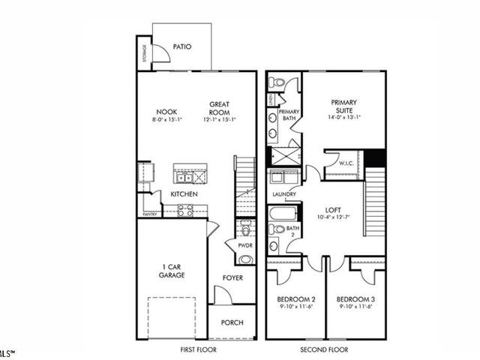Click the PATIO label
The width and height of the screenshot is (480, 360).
(x=181, y=46)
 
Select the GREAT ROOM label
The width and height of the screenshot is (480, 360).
(x=219, y=108)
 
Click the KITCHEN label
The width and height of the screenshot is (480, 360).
(x=184, y=194)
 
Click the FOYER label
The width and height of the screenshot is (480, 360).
(x=232, y=277)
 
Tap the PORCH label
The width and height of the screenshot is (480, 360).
(x=232, y=323)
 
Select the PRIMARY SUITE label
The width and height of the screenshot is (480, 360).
(x=344, y=106)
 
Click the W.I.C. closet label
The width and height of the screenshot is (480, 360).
(x=346, y=162)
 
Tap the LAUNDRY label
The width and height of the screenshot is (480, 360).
(x=284, y=194)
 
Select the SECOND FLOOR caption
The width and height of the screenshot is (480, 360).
(x=326, y=349)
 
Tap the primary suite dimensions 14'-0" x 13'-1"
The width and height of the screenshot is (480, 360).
(x=344, y=117)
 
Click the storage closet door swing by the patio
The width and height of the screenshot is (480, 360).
(x=160, y=54)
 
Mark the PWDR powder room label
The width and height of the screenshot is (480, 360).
(x=245, y=245)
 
